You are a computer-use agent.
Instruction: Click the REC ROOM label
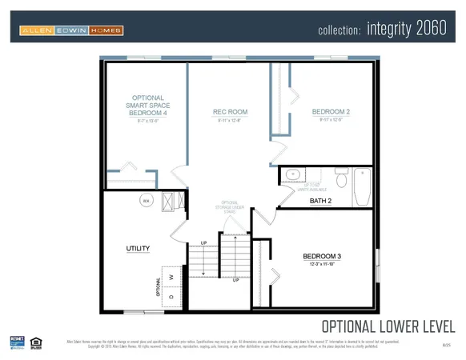pyautogui.click(x=229, y=112)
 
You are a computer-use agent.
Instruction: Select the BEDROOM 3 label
pyautogui.click(x=322, y=256)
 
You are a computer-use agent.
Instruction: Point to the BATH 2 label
pyautogui.click(x=321, y=201)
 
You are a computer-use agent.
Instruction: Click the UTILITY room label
pyautogui.click(x=138, y=249)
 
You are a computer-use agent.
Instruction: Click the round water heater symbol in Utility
pyautogui.click(x=147, y=200)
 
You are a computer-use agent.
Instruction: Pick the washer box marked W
pyautogui.click(x=171, y=277)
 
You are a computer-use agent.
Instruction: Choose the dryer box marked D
pyautogui.click(x=171, y=296)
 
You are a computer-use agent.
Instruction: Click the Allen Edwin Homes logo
pyautogui.click(x=71, y=30)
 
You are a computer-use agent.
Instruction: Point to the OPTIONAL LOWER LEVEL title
pyautogui.click(x=388, y=326)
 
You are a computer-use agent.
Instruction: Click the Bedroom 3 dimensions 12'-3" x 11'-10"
pyautogui.click(x=322, y=264)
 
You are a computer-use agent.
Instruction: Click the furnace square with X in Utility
pyautogui.click(x=170, y=201)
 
